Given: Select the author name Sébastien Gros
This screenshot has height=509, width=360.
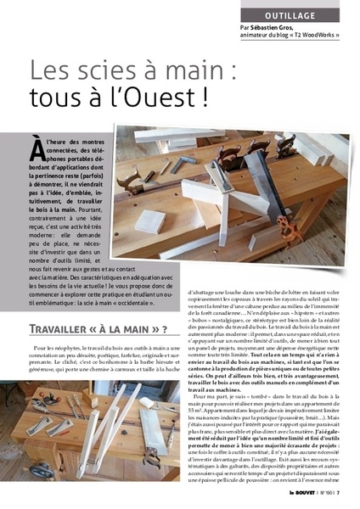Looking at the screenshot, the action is coord(279,28).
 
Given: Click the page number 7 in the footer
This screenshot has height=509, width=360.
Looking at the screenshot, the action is coord(339,491).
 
